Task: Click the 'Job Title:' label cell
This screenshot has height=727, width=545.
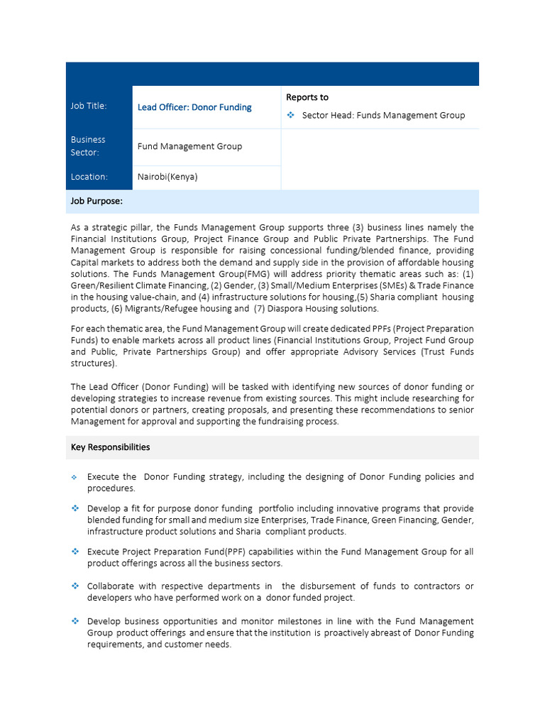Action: pyautogui.click(x=89, y=106)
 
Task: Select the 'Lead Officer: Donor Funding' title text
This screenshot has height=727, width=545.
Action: pyautogui.click(x=194, y=107)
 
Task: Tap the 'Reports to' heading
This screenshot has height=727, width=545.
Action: pyautogui.click(x=307, y=97)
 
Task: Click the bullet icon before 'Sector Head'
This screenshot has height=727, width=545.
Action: pyautogui.click(x=290, y=115)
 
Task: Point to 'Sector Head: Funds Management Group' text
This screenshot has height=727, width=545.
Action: pyautogui.click(x=383, y=115)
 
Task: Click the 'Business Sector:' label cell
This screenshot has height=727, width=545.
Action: pyautogui.click(x=88, y=146)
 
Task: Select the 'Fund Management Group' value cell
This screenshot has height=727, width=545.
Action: pyautogui.click(x=189, y=146)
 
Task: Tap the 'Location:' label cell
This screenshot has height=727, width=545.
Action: pyautogui.click(x=89, y=177)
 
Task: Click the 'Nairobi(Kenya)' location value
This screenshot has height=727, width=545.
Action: pyautogui.click(x=167, y=177)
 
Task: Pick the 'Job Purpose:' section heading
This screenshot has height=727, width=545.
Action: pyautogui.click(x=97, y=202)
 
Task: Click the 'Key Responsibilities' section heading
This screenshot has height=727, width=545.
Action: pyautogui.click(x=110, y=447)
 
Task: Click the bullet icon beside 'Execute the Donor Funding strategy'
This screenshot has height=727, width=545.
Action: pyautogui.click(x=75, y=477)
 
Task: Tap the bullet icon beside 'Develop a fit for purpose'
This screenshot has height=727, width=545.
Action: pyautogui.click(x=75, y=508)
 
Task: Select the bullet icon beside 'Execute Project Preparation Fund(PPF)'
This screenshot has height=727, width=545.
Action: pyautogui.click(x=75, y=552)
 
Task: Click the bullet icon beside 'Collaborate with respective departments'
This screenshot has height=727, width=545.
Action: pyautogui.click(x=75, y=586)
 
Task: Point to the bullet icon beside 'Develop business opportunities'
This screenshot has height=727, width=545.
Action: pyautogui.click(x=75, y=621)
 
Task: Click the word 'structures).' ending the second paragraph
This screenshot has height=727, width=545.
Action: pyautogui.click(x=94, y=363)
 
